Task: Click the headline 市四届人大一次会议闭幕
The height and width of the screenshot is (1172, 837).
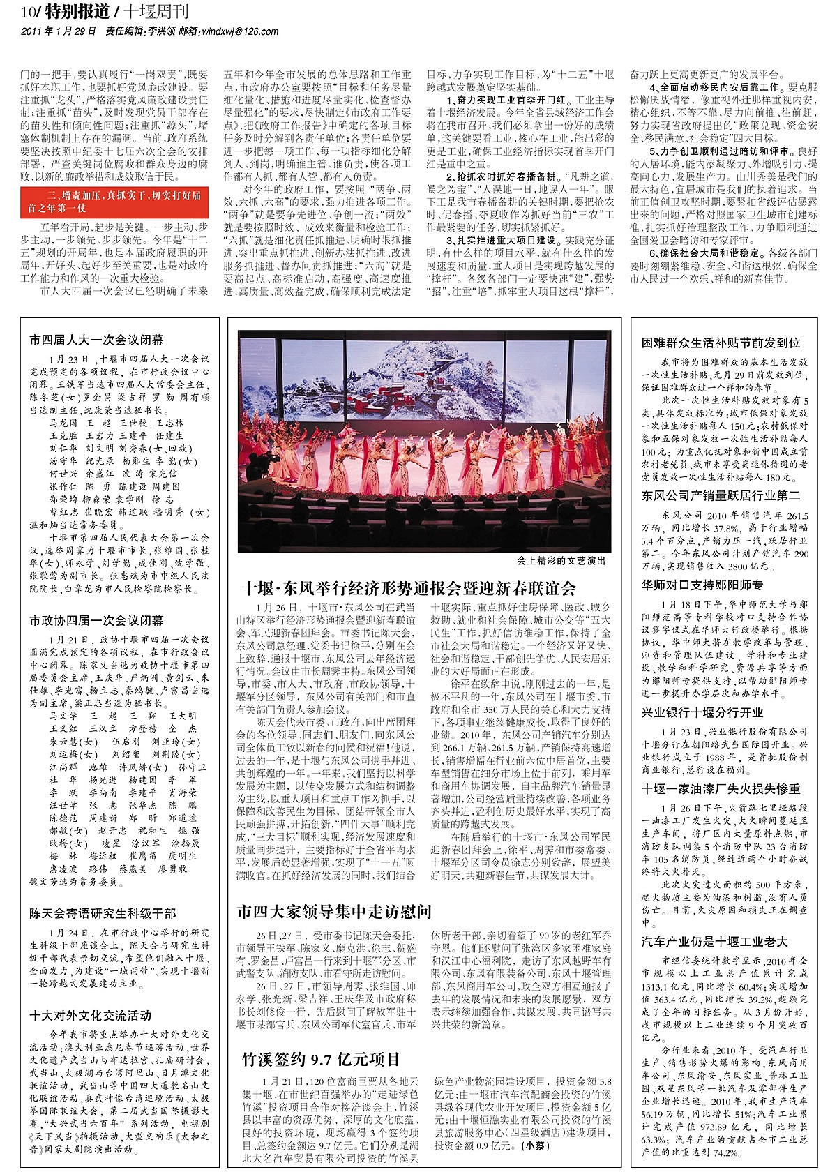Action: [x=96, y=340]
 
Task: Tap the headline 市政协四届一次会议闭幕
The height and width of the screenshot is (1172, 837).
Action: [x=96, y=620]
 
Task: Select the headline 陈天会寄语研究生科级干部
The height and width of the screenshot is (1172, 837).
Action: [x=103, y=913]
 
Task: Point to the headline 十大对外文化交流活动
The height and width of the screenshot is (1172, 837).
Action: [x=90, y=1015]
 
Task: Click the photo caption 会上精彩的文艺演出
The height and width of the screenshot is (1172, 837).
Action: [x=561, y=561]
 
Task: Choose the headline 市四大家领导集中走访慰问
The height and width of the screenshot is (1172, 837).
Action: [x=334, y=911]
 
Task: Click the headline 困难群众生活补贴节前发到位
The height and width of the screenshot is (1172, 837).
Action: [x=721, y=343]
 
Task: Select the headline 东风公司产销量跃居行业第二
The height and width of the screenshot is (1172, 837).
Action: [x=721, y=496]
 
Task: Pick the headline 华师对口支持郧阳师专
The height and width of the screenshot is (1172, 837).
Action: [x=702, y=585]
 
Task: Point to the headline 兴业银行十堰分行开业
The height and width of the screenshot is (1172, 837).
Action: [x=702, y=712]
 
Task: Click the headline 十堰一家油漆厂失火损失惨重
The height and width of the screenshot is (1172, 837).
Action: [x=721, y=789]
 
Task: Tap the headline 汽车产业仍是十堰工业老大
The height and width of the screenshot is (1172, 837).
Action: [x=714, y=941]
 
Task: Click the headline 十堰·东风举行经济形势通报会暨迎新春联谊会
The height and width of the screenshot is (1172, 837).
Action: [x=409, y=587]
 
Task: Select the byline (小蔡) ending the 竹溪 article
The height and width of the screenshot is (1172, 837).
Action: [x=536, y=1145]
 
